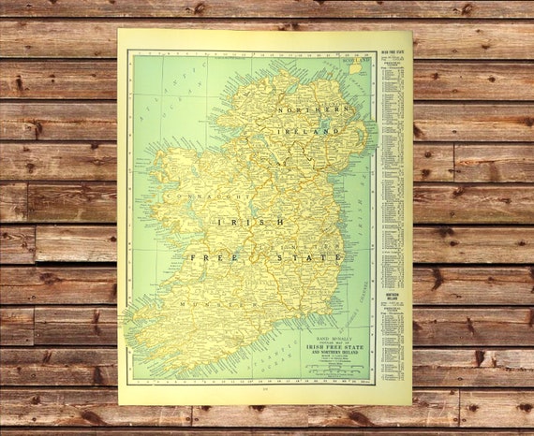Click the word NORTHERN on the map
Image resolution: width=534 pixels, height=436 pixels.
point(304,110)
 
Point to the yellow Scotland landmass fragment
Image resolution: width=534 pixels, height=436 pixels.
point(356,68)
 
